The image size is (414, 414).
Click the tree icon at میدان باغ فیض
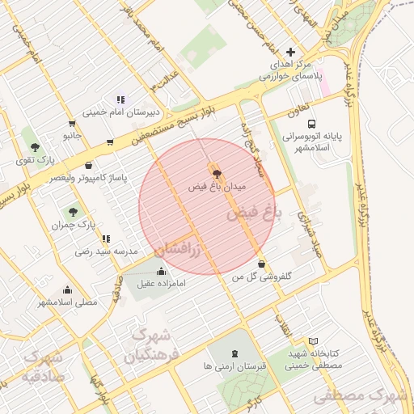tap(216, 172)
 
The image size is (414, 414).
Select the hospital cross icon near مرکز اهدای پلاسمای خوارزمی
tap(291, 52)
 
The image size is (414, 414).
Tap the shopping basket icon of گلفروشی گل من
tap(261, 264)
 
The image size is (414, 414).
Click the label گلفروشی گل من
tap(261, 277)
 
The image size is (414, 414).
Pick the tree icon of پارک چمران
tap(73, 212)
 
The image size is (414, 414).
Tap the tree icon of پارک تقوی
tap(34, 147)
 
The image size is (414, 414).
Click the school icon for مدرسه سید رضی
tap(106, 239)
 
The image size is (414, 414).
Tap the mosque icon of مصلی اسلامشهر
tap(67, 289)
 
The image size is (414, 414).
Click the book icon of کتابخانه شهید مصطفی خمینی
tap(314, 342)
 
